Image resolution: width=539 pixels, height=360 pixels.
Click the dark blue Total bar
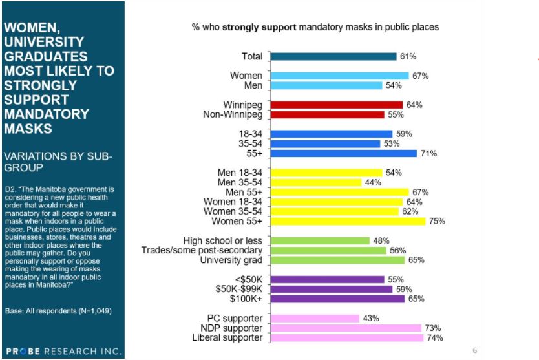333,56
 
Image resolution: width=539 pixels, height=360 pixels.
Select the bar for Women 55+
348,221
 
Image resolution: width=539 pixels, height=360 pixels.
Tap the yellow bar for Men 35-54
315,182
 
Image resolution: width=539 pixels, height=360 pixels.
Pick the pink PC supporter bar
315,318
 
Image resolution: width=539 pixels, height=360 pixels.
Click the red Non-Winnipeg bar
327,114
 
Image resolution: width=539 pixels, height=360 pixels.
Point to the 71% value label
429,153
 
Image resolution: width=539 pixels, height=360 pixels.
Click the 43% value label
370,318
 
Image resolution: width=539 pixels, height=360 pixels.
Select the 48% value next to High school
380,240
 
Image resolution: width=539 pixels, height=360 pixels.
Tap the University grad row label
231,260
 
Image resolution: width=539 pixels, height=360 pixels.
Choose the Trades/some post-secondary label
202,250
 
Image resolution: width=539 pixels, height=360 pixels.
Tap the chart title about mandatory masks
315,27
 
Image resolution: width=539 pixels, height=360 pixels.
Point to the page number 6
474,350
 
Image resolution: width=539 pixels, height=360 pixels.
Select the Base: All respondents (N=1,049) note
58,311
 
